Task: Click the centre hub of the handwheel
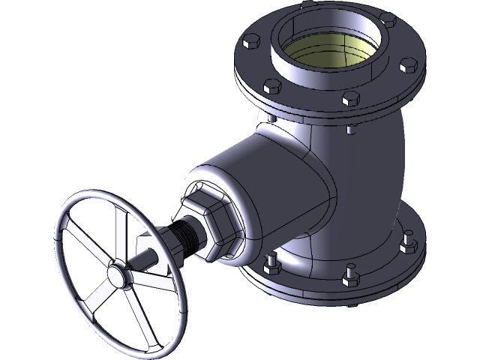(x=118, y=274)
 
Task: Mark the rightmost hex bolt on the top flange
(x=409, y=65)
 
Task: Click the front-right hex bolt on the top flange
(x=352, y=99)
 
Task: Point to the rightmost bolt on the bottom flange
(x=408, y=244)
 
